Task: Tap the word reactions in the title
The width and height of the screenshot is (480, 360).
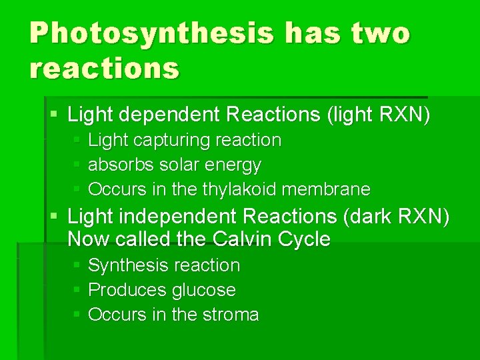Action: click(105, 68)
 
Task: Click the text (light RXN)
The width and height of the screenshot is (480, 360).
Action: click(378, 115)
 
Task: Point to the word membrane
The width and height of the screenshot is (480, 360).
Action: click(326, 189)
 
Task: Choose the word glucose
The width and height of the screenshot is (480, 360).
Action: click(203, 290)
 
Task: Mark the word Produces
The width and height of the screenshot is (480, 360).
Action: click(127, 290)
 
